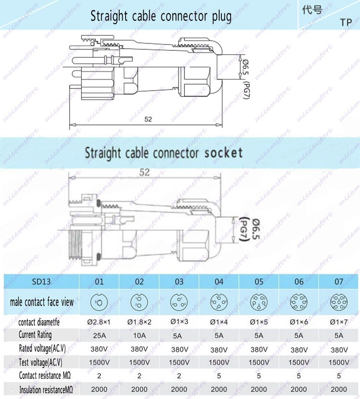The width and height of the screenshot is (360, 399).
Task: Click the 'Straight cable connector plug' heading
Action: tap(161, 16)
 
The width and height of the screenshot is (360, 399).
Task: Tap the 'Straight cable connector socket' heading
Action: tap(164, 153)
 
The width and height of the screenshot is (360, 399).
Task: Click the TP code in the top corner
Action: tap(346, 23)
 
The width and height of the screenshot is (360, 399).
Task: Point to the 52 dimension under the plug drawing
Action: tap(148, 119)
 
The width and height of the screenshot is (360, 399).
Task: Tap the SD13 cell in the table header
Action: tap(41, 282)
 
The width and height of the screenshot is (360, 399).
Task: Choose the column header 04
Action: tap(219, 282)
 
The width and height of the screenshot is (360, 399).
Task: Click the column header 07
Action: tap(339, 282)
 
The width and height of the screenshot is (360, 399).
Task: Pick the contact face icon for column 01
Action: tap(100, 302)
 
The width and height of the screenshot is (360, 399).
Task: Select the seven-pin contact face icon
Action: tap(339, 302)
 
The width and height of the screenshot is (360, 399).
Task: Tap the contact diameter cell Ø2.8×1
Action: tap(100, 322)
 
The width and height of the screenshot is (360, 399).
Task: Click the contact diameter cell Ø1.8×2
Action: tap(139, 322)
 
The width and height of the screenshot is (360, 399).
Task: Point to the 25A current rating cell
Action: tap(100, 335)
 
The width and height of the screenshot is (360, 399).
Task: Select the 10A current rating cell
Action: tap(139, 335)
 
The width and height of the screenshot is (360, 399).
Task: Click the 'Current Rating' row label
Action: tap(35, 335)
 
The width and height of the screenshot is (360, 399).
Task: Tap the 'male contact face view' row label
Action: tap(42, 302)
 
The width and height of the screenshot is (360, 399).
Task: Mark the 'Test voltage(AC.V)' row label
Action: tap(43, 362)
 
